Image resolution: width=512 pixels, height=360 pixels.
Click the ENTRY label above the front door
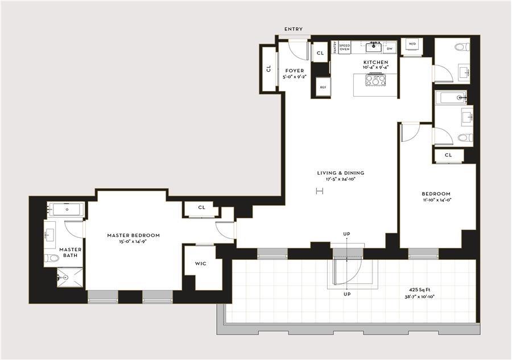point(294,30)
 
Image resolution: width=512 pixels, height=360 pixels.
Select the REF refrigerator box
point(323,87)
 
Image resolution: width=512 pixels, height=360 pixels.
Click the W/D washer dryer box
point(411,44)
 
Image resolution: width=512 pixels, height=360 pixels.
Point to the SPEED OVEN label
point(344,47)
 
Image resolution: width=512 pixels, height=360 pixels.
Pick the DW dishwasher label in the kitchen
point(389,49)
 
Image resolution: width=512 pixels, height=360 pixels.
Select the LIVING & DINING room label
point(341,173)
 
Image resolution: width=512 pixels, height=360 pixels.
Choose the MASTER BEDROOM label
point(134,235)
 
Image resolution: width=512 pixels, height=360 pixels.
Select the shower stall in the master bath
point(70,278)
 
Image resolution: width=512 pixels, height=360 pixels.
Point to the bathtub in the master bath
point(66,209)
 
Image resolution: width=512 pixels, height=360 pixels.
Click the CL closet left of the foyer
point(268,69)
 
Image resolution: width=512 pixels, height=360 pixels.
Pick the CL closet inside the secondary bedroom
point(448,155)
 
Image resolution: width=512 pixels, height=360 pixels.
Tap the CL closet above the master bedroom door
point(201,208)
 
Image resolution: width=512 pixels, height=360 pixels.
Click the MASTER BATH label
point(70,253)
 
